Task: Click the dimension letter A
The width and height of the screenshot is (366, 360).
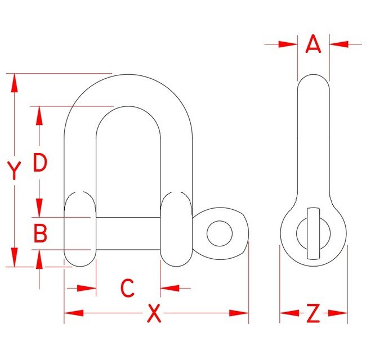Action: click(x=313, y=43)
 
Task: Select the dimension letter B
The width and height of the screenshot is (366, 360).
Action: click(x=39, y=233)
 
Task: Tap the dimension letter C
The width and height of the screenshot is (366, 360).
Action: click(x=128, y=288)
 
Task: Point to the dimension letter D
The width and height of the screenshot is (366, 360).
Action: click(x=39, y=163)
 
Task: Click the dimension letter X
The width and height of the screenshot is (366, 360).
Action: click(x=153, y=313)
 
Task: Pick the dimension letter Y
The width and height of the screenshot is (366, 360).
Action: click(x=14, y=170)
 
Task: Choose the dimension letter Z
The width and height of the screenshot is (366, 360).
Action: click(x=313, y=313)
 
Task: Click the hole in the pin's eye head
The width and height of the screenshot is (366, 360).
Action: click(x=219, y=233)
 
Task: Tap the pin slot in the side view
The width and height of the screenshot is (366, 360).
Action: click(x=313, y=233)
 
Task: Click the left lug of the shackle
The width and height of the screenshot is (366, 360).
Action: click(x=80, y=229)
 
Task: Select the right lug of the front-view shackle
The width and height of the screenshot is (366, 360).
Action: click(x=176, y=229)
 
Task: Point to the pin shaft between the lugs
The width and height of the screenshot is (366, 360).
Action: click(x=128, y=233)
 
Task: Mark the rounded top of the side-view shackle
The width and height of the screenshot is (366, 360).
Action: click(x=313, y=82)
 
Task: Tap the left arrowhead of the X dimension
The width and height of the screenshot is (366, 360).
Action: click(x=74, y=313)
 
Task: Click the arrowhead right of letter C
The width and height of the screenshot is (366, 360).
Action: click(x=170, y=288)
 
